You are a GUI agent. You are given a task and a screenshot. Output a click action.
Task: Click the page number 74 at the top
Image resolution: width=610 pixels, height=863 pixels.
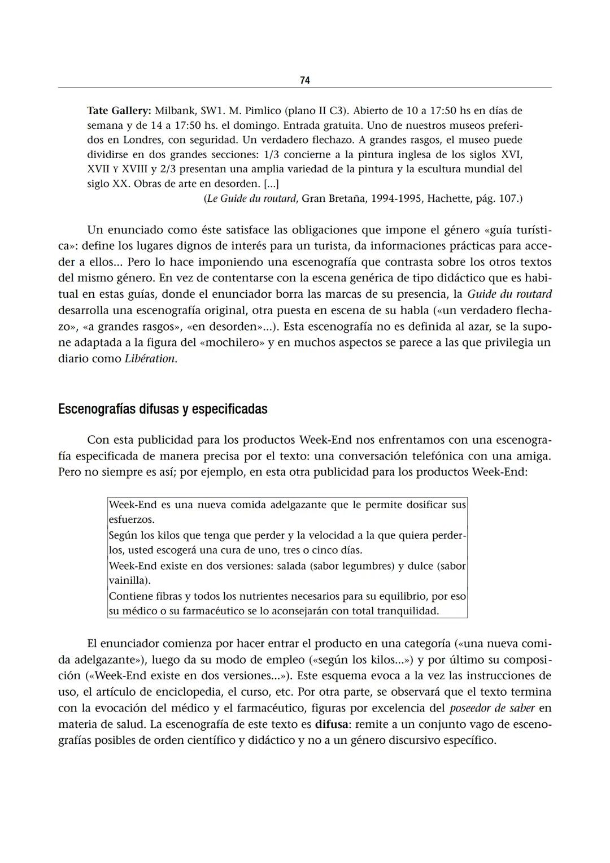click(x=304, y=81)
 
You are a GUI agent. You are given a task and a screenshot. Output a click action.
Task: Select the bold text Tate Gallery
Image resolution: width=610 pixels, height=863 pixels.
click(x=119, y=110)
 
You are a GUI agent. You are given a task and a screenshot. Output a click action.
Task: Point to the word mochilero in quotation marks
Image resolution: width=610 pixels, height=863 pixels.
click(x=232, y=342)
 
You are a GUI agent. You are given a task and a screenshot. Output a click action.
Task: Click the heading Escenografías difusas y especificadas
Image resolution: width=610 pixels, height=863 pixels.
click(x=163, y=409)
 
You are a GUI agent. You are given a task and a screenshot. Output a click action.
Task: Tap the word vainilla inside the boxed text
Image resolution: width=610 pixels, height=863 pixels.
click(x=128, y=580)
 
